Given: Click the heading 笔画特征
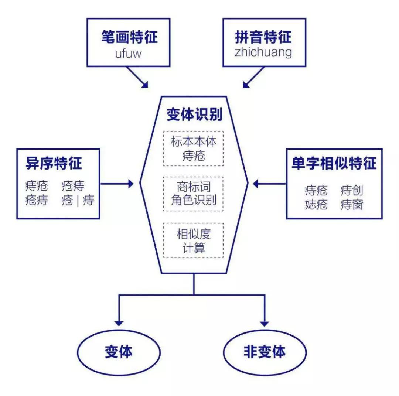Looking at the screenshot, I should [x=129, y=37].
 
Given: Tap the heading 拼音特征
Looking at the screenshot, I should [x=263, y=37].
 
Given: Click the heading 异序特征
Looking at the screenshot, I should [x=54, y=163].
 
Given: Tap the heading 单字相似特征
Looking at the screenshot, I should [x=334, y=163].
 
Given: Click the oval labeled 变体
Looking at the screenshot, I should [x=118, y=351].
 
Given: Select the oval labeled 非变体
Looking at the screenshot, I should [x=265, y=351].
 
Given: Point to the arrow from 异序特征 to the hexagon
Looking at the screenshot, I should [x=117, y=183].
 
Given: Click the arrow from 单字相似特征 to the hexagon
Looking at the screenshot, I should [x=269, y=183].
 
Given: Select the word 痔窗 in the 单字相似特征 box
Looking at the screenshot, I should [x=352, y=204].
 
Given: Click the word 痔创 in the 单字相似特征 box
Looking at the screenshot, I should [x=352, y=191].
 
